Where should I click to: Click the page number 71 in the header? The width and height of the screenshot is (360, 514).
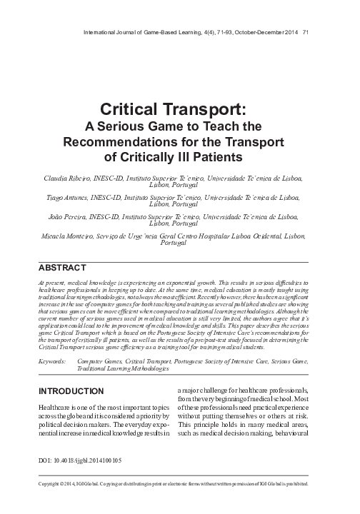[x=305, y=31]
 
